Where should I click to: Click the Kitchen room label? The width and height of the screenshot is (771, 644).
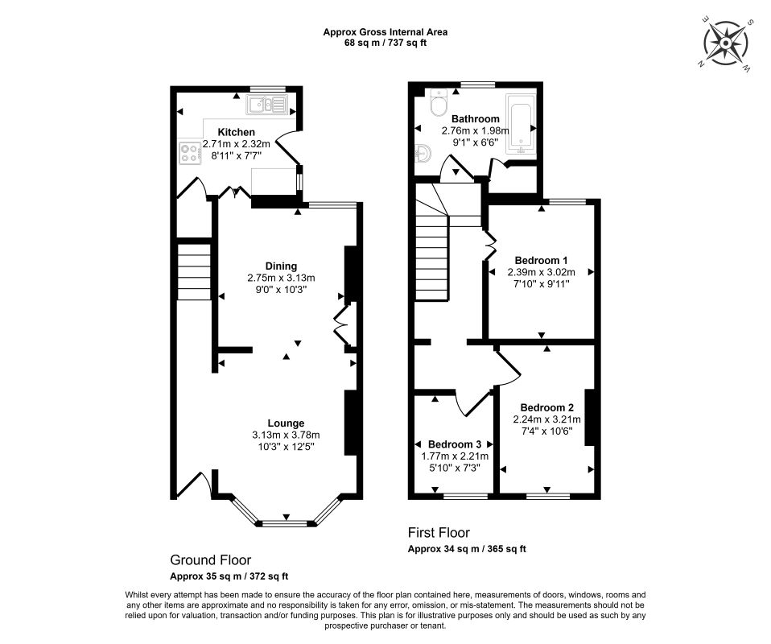236,132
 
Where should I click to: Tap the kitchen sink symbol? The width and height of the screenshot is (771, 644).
266,105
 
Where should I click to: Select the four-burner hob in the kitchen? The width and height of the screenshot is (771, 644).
190,152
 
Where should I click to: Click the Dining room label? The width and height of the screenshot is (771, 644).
281,266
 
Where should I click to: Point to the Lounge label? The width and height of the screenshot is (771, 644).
286,423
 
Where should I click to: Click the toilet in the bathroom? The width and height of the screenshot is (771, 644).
437,103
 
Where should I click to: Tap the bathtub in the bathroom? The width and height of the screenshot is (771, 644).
520,125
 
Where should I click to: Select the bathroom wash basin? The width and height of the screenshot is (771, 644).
423,154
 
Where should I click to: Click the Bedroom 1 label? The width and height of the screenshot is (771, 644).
541,260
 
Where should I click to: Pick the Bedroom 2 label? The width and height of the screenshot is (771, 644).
546,407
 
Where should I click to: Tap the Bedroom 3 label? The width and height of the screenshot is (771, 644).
455,444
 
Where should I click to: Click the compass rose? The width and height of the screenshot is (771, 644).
725,43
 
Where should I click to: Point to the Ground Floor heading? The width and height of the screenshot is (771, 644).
210,559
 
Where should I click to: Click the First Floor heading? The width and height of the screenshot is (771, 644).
439,532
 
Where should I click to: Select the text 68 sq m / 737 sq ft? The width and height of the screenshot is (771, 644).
385,43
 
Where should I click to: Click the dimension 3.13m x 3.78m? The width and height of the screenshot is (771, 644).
286,435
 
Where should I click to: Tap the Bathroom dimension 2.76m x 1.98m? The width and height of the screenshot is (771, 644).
476,131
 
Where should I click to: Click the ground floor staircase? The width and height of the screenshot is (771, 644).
194,270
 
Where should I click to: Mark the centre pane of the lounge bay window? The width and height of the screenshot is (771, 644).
286,523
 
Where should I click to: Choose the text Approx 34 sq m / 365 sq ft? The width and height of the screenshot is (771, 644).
467,549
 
